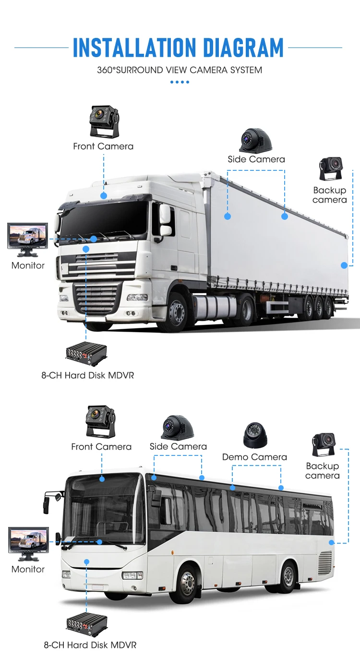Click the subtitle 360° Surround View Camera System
click(180, 70)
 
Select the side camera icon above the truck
click(256, 140)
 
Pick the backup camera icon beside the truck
click(331, 168)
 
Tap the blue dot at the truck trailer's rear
click(344, 265)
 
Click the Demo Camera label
click(254, 457)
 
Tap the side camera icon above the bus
click(177, 427)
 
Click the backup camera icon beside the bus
click(324, 445)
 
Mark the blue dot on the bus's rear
click(331, 542)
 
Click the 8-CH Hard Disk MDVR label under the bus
click(90, 645)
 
